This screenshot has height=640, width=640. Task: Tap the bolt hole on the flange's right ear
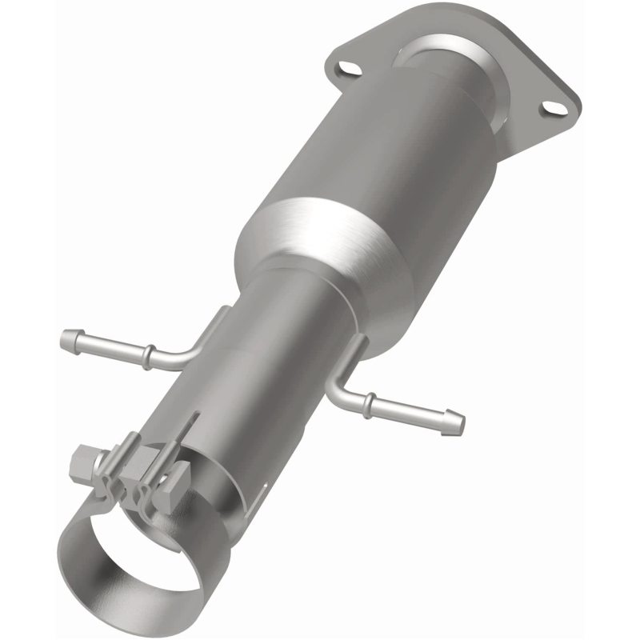tap(550, 106)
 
